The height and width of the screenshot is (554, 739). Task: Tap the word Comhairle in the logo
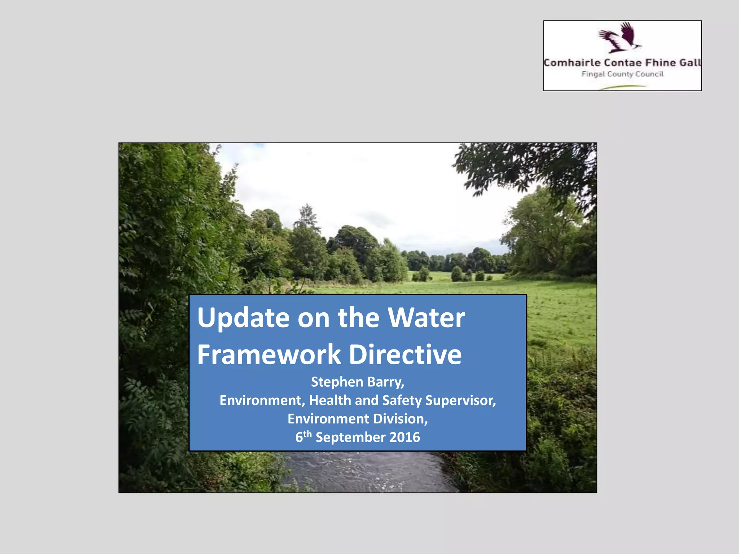pos(572,63)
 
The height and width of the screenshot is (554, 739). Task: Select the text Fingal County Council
pos(622,74)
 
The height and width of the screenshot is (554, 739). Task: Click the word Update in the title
pos(243,318)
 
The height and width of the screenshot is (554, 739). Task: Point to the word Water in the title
pos(426,318)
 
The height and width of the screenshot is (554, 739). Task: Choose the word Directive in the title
pos(405,355)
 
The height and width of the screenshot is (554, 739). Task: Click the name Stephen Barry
pos(357,382)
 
